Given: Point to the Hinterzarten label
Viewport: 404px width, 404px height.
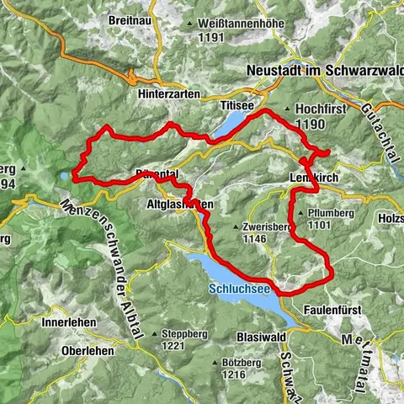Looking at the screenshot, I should click(x=167, y=95).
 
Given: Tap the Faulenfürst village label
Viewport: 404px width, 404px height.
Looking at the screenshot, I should click(x=330, y=310).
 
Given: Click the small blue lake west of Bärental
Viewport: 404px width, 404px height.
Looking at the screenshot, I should click(x=64, y=176).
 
